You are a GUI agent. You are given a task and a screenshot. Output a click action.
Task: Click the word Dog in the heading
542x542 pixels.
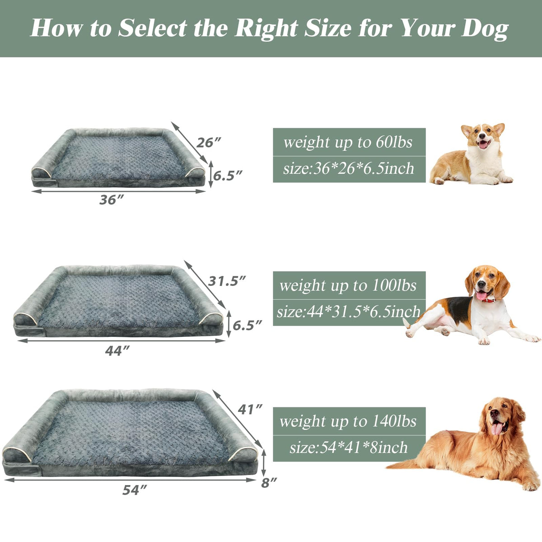[x=485, y=29]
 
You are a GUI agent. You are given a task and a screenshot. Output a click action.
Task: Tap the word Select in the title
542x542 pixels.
[x=153, y=28]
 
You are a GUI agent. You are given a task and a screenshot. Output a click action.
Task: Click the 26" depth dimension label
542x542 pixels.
[x=208, y=143]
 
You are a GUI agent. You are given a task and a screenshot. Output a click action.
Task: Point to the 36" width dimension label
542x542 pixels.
[x=112, y=200]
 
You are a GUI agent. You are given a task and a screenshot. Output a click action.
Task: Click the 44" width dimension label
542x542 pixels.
[x=117, y=350]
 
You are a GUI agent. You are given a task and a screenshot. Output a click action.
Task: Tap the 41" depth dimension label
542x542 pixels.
[x=250, y=409]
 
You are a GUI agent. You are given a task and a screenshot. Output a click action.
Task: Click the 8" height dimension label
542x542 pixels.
[x=269, y=483]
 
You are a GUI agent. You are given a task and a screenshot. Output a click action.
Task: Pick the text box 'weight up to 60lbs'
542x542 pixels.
[x=349, y=142]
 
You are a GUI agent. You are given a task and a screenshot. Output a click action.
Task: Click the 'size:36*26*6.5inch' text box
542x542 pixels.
[x=349, y=169]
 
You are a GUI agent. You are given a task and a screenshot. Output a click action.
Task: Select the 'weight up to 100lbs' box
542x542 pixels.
[x=349, y=285]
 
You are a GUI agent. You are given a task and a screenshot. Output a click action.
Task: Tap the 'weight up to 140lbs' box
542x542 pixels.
[x=349, y=421]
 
